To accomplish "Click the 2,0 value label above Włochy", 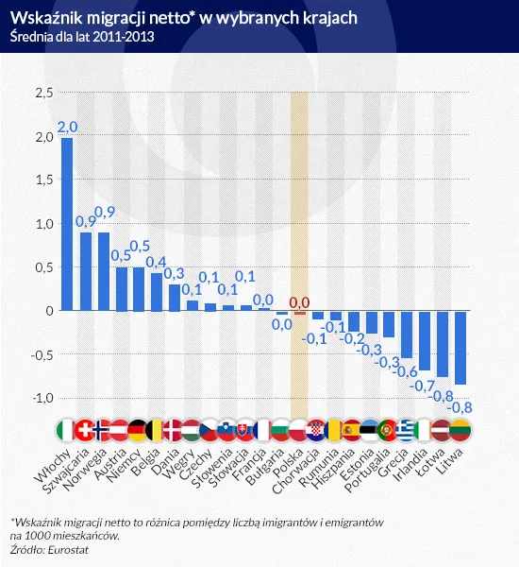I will coord(68,127).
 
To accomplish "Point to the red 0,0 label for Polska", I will coord(299,302).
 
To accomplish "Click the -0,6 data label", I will coord(407,371).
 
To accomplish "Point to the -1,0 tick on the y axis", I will coord(42,398).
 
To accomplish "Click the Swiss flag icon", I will coord(86,430).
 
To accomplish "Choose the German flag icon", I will coord(140,430).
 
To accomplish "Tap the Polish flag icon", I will coord(300,430).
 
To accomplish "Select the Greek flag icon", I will coord(407,430).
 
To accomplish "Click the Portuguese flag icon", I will coord(389,430).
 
